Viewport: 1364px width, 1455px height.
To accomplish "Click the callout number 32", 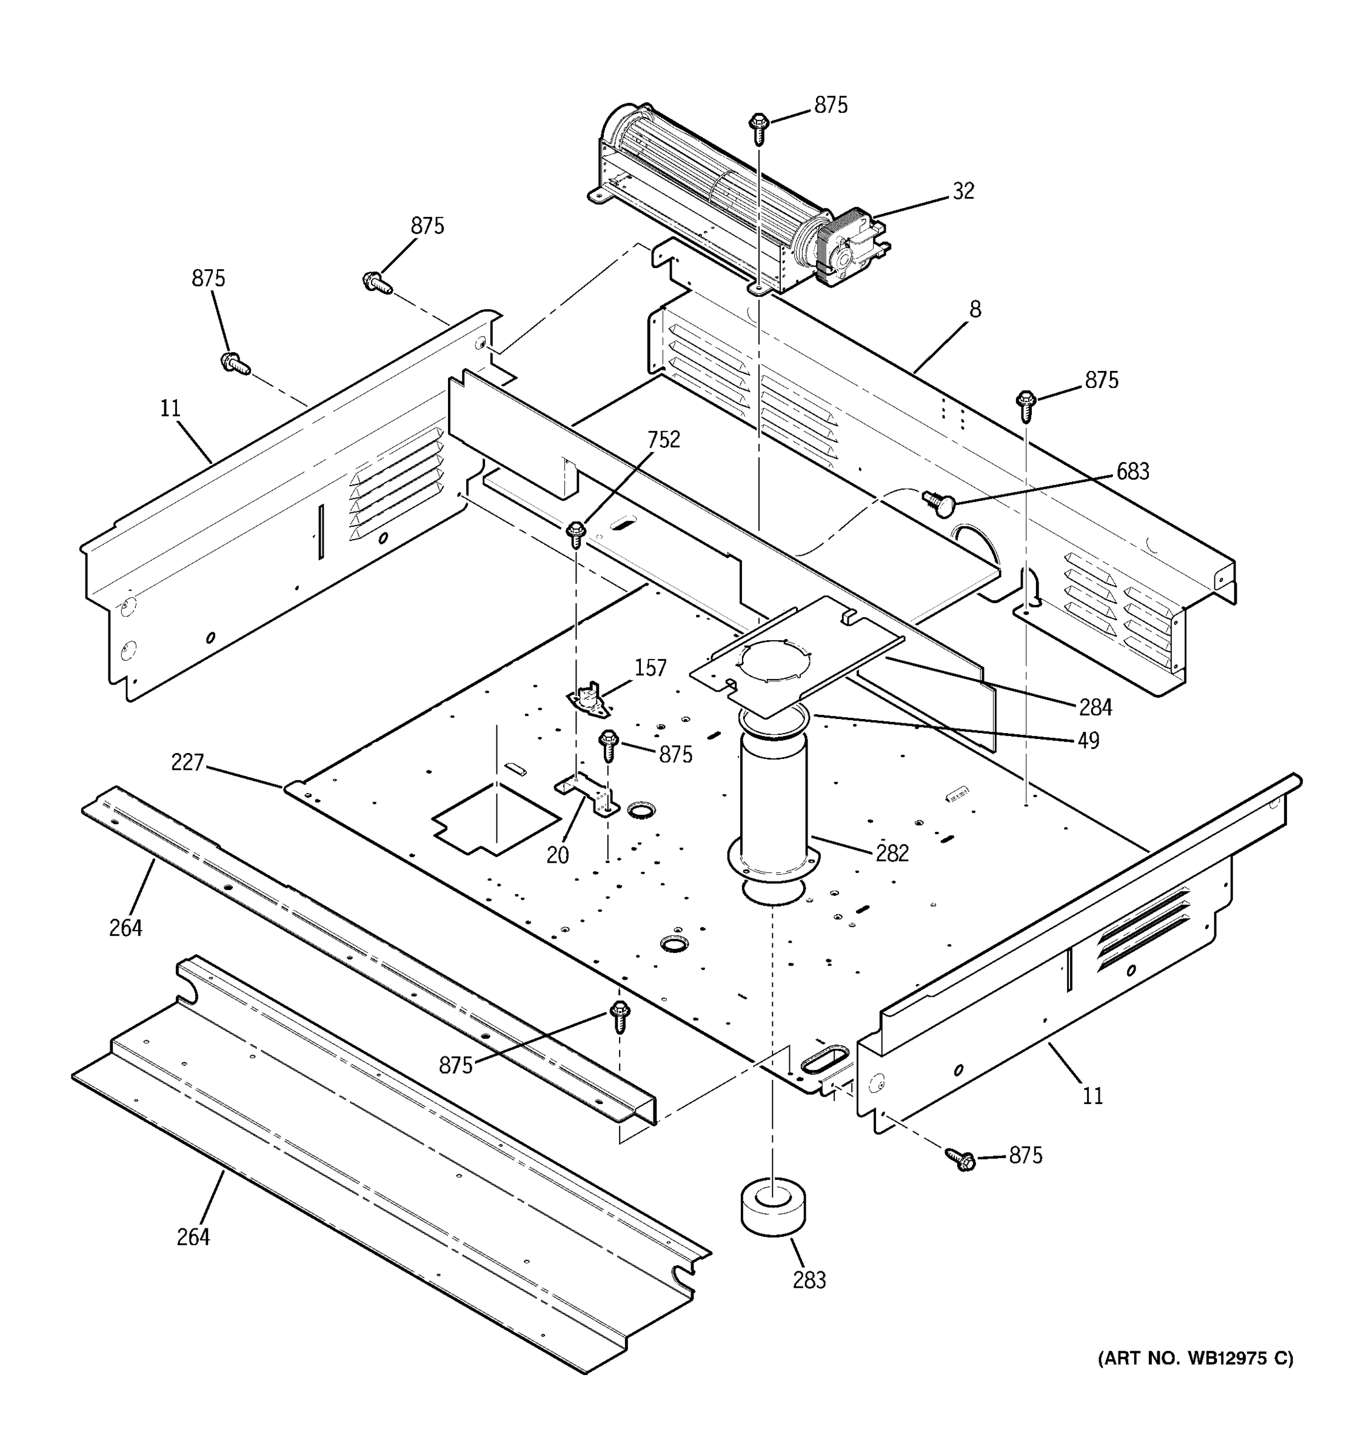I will click(x=963, y=191).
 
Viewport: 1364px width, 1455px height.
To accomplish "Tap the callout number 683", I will click(x=1132, y=472).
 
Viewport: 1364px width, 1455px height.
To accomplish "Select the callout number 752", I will click(x=663, y=440).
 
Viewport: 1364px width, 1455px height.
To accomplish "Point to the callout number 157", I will click(x=650, y=668).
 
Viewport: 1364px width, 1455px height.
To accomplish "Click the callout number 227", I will click(x=187, y=763).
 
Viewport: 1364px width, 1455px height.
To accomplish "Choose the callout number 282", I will click(x=892, y=854).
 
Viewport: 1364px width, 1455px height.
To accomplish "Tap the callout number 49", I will click(x=1088, y=741).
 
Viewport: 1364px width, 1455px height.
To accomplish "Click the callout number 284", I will click(x=1095, y=707).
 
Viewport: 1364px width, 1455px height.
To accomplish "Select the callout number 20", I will click(x=558, y=855).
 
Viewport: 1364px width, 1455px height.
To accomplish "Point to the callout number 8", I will click(x=975, y=310).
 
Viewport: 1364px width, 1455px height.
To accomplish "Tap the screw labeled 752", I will click(x=577, y=533).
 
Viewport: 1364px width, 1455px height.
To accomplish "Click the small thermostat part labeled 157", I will click(x=590, y=700).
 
